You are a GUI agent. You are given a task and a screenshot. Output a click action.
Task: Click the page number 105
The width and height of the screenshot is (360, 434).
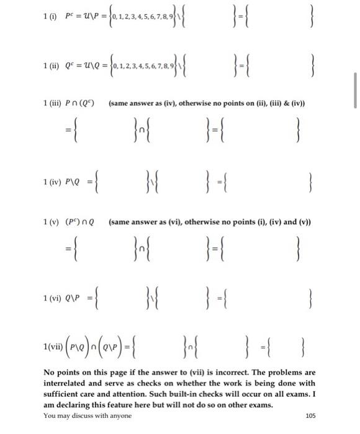310,415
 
